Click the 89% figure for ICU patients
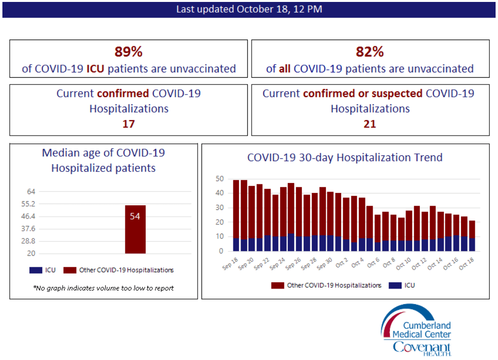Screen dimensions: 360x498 [x=128, y=52]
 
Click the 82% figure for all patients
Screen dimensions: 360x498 [x=370, y=52]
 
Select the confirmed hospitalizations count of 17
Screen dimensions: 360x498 [x=128, y=124]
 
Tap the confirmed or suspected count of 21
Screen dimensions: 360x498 [x=370, y=124]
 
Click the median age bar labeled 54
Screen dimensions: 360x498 [x=135, y=229]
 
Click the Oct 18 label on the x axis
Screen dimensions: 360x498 [x=467, y=263]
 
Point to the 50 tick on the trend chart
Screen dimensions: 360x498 [x=220, y=179]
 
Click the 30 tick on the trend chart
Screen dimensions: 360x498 [x=220, y=208]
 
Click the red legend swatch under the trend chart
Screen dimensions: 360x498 [x=277, y=285]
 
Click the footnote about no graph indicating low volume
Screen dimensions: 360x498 [x=103, y=288]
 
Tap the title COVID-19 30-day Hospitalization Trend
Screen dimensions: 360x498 [x=345, y=157]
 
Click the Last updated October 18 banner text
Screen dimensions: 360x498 [x=249, y=9]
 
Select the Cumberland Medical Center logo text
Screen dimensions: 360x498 [x=422, y=330]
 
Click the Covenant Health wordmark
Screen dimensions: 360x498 [x=421, y=347]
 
